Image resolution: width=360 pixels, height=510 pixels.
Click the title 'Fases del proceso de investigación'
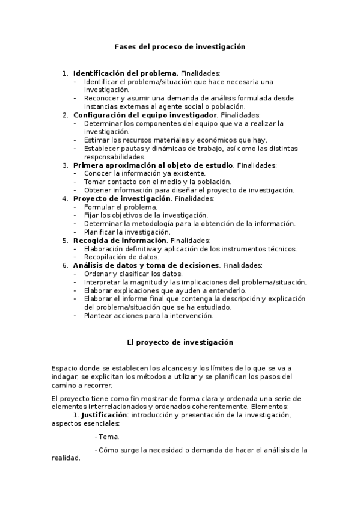[180, 46]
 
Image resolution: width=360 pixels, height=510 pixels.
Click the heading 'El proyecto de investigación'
[180, 342]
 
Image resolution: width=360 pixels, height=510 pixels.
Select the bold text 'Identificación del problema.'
[125, 73]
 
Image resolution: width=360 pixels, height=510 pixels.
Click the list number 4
[65, 198]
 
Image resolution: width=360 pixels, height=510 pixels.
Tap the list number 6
[65, 265]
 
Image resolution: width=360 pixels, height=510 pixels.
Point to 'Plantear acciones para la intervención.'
[148, 315]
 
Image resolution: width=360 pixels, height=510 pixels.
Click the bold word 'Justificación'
[103, 415]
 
